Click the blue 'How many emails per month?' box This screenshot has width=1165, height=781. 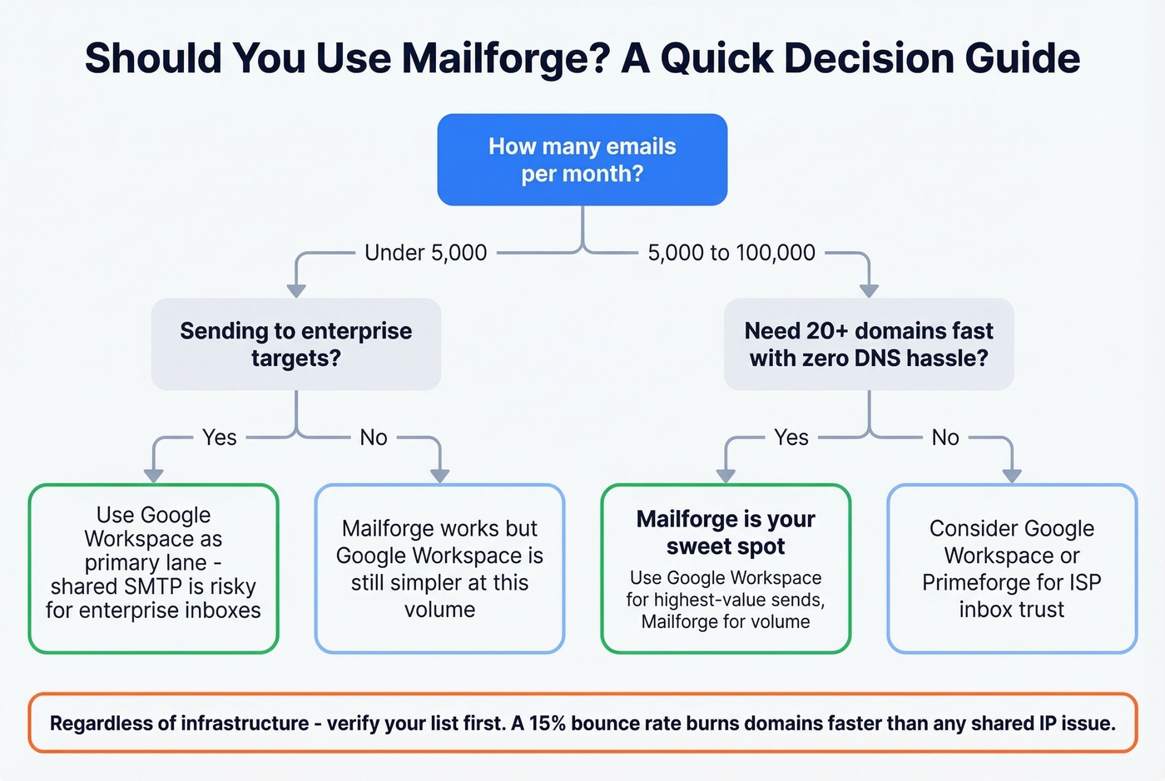tap(582, 160)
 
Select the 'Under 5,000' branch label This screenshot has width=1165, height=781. tap(425, 253)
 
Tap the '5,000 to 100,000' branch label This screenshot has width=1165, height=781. tap(731, 253)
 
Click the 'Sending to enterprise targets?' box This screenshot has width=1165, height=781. tap(295, 344)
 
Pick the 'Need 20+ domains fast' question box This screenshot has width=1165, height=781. tap(869, 344)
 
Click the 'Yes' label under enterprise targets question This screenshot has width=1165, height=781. tap(220, 437)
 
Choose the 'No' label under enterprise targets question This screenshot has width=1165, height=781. tap(374, 437)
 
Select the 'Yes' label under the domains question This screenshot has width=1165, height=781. tap(791, 437)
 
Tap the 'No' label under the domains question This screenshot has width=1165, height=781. tap(945, 437)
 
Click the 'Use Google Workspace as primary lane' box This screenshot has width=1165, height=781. tap(153, 568)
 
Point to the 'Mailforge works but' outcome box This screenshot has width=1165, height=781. tap(439, 568)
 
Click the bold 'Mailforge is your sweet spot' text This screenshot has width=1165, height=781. tap(726, 532)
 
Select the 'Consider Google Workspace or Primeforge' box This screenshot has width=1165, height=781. tap(1012, 568)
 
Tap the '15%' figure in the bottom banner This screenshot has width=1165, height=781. tap(547, 724)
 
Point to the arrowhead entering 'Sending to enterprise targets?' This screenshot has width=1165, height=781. tap(295, 290)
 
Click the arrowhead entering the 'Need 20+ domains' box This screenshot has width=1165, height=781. tap(869, 290)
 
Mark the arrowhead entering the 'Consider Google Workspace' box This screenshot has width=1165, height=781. tap(1012, 476)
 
